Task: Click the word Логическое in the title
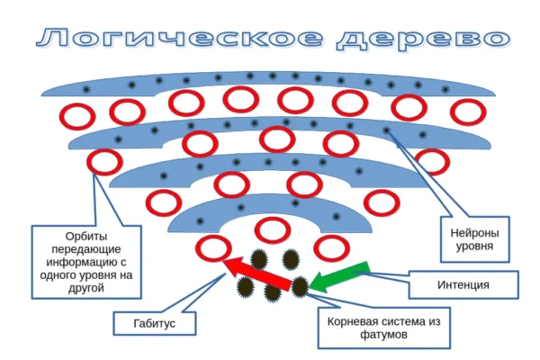[176, 39]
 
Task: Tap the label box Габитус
[154, 320]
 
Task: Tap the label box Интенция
[464, 284]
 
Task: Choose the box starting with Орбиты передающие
[85, 262]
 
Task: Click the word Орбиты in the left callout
[85, 237]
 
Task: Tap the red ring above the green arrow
[332, 247]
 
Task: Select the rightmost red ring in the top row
[467, 112]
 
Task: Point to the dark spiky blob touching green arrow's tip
[301, 287]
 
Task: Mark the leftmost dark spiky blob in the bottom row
[244, 287]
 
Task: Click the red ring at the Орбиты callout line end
[105, 163]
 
